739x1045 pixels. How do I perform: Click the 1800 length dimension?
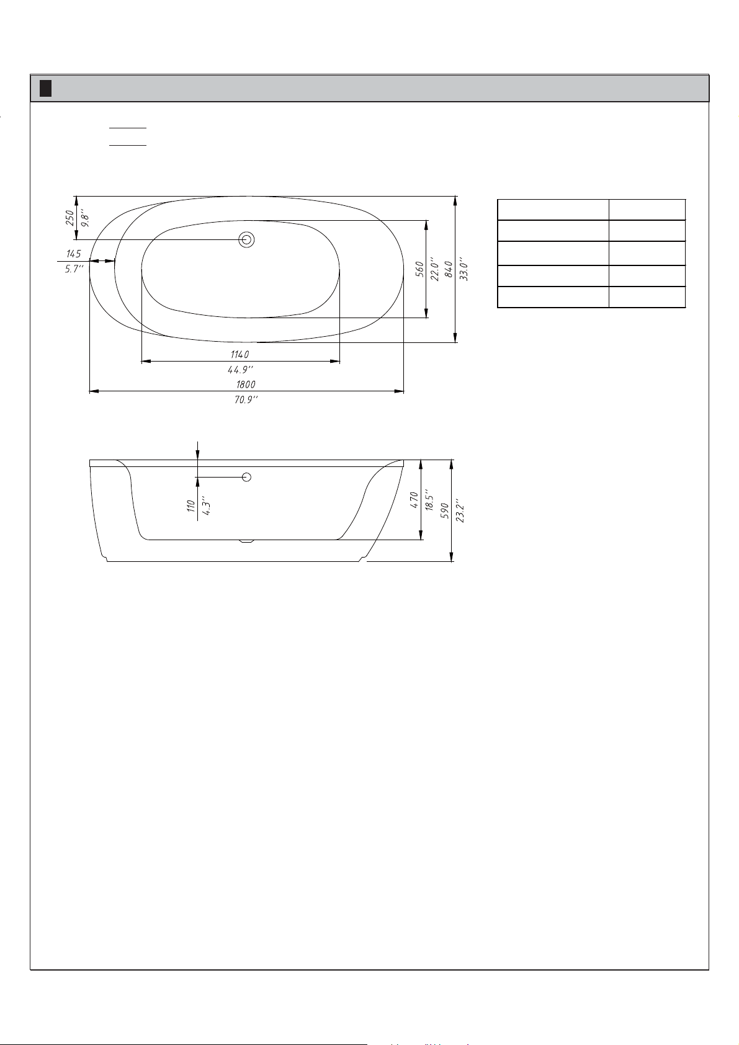tap(246, 385)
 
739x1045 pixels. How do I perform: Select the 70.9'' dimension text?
tap(246, 400)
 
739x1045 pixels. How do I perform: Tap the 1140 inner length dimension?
tap(240, 355)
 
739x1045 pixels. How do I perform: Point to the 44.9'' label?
tap(240, 370)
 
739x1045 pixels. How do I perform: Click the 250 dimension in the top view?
tap(69, 218)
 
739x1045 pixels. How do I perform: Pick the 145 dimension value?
tap(74, 254)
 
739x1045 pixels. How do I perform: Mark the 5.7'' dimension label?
tap(74, 269)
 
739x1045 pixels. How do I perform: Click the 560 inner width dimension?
tap(419, 269)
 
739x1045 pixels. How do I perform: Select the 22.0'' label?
tap(434, 269)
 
